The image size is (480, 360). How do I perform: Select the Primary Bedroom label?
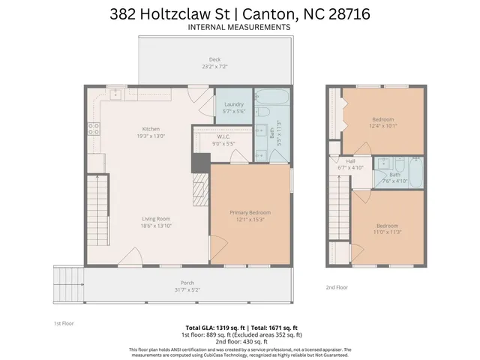[x=250, y=212]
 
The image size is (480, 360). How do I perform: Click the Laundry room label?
[x=232, y=105]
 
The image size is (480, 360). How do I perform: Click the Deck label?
[x=214, y=59]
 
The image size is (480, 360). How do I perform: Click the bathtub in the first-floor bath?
[x=267, y=98]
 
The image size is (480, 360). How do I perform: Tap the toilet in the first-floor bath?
[x=264, y=112]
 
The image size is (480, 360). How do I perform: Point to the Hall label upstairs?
[x=350, y=161]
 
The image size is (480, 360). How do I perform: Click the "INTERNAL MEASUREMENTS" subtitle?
[x=239, y=28]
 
